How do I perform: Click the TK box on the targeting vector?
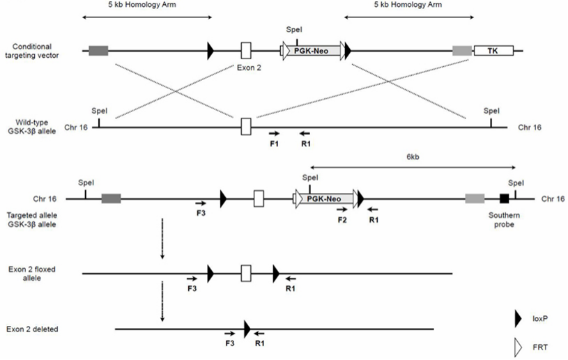pyautogui.click(x=493, y=50)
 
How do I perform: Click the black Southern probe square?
pyautogui.click(x=504, y=199)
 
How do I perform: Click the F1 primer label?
pyautogui.click(x=274, y=144)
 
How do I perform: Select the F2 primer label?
pyautogui.click(x=342, y=219)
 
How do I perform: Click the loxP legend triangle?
pyautogui.click(x=517, y=319)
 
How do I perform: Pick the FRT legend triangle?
pyautogui.click(x=517, y=346)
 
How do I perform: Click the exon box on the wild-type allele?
pyautogui.click(x=245, y=127)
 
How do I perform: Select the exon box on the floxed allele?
pyautogui.click(x=245, y=273)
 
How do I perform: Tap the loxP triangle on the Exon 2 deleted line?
pyautogui.click(x=247, y=328)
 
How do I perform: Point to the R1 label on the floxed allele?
pyautogui.click(x=291, y=288)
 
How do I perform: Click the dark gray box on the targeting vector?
pyautogui.click(x=98, y=50)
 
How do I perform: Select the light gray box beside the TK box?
pyautogui.click(x=461, y=50)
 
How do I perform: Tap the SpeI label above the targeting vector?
pyautogui.click(x=295, y=30)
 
